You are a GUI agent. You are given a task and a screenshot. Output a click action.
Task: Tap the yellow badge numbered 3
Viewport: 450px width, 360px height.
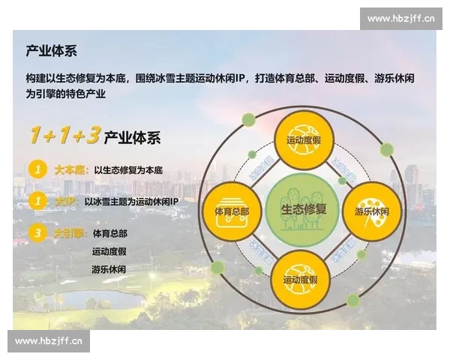click(x=37, y=233)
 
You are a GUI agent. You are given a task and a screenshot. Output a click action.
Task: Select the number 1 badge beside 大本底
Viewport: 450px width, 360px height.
click(x=37, y=169)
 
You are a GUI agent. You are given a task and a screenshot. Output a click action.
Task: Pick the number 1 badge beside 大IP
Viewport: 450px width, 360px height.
click(x=37, y=201)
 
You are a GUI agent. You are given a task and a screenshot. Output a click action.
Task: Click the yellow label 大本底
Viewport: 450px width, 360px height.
click(x=71, y=170)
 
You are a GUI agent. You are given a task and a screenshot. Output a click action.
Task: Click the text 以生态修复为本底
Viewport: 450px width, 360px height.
click(x=128, y=170)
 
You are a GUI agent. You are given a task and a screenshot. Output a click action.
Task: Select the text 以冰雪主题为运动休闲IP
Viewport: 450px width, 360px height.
click(x=131, y=202)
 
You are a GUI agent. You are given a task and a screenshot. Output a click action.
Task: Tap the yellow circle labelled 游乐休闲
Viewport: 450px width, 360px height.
click(x=371, y=205)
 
